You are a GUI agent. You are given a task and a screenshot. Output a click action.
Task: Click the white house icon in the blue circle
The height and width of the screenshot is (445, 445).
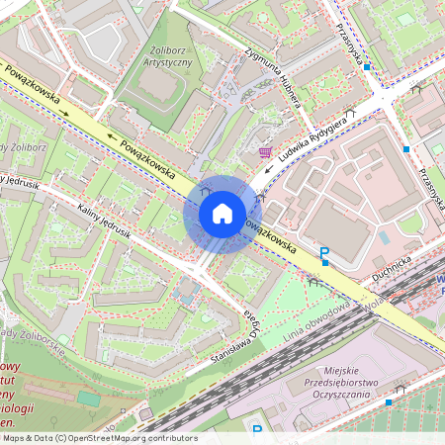coord(222,213)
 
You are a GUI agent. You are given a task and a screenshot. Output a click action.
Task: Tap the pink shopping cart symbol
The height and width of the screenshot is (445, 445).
coord(264,151)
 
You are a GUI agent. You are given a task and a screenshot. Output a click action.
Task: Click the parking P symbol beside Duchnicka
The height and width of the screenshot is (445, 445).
coord(323,256)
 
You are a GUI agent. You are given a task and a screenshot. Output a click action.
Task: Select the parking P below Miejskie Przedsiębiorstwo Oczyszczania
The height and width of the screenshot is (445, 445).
coord(257,429)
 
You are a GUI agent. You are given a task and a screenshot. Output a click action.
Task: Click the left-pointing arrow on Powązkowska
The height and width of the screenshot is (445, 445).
coord(111,139)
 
